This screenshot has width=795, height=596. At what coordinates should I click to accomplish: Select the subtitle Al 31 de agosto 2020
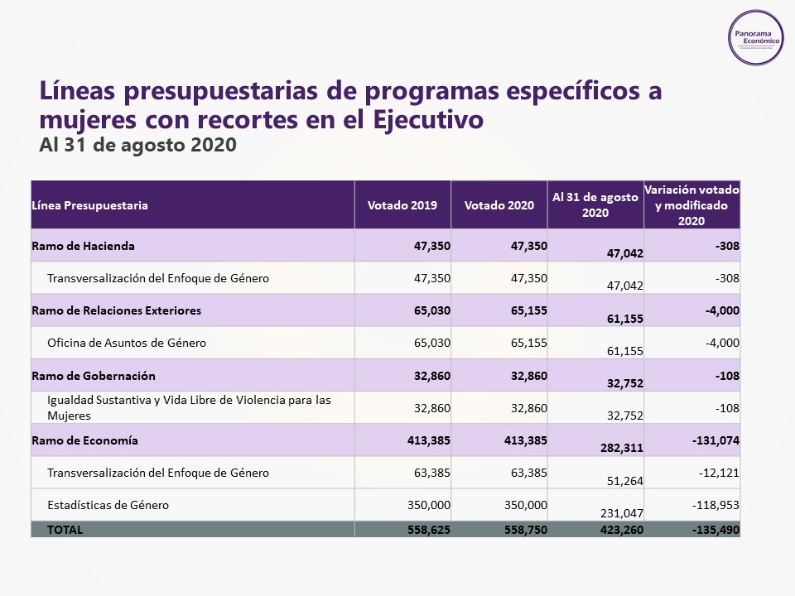click(138, 145)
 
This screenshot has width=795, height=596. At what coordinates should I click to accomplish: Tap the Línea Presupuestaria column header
click(90, 205)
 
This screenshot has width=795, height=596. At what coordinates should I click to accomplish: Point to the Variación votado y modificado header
click(691, 205)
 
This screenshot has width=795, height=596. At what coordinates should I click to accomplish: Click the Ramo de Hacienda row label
click(84, 246)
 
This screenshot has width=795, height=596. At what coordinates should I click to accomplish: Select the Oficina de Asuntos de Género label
click(127, 343)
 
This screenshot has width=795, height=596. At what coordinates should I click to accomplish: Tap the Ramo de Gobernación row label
click(94, 376)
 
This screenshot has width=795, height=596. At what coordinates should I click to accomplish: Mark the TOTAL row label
click(65, 529)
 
